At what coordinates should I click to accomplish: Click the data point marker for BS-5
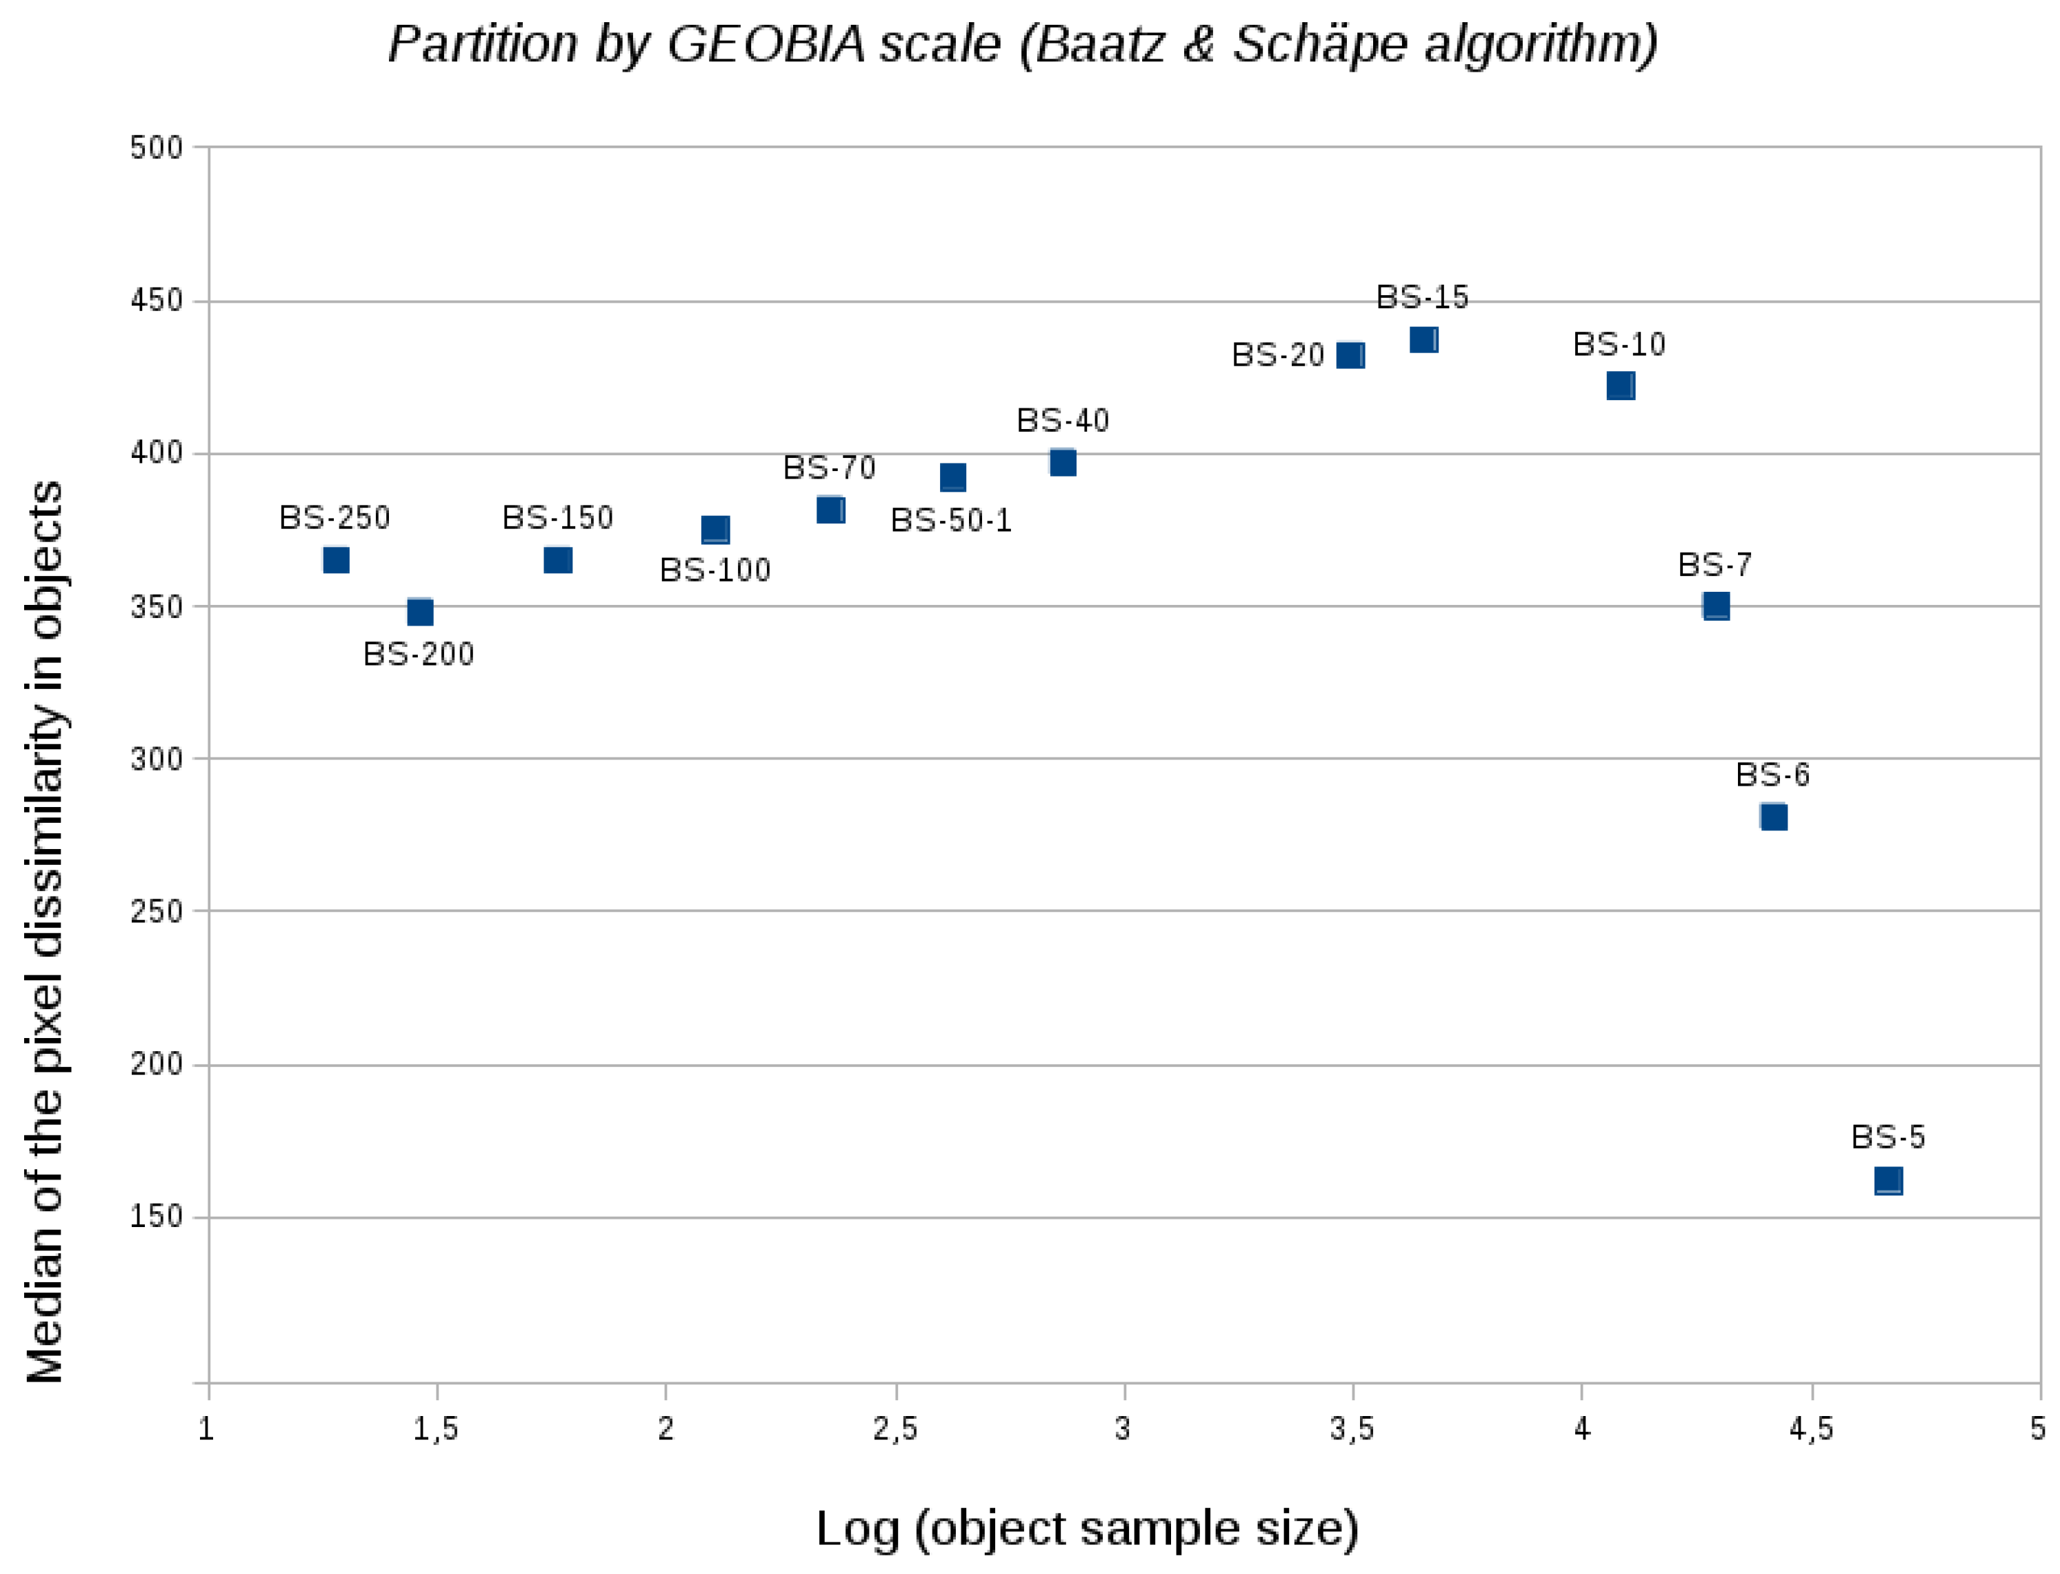coord(1888,1181)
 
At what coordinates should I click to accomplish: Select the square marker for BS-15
coord(1423,340)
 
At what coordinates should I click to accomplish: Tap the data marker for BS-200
coord(420,612)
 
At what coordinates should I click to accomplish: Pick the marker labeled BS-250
coord(335,560)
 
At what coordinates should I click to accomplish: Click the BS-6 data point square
coord(1772,817)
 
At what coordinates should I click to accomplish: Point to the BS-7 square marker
coord(1715,606)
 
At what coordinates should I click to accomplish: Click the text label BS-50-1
coord(951,521)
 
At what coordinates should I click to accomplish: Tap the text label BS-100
coord(714,570)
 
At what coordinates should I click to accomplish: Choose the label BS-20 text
coord(1277,355)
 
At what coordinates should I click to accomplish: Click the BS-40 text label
coord(1062,421)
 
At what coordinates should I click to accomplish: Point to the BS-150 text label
coord(557,518)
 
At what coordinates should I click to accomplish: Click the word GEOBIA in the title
coord(766,44)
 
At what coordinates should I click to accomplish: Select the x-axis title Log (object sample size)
coord(1087,1528)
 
